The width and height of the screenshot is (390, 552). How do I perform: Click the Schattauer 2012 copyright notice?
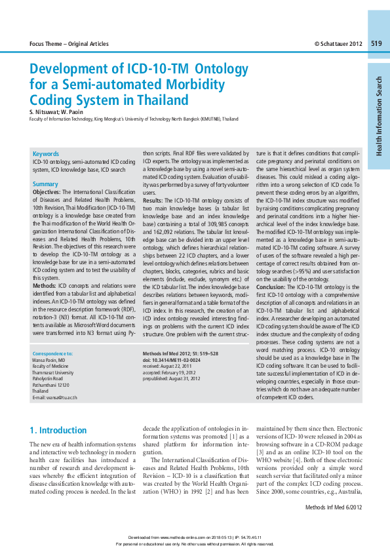click(338, 44)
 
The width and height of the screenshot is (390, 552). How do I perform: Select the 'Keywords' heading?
click(46, 153)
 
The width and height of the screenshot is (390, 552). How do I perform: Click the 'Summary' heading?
click(45, 184)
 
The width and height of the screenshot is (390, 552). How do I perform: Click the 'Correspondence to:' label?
click(52, 353)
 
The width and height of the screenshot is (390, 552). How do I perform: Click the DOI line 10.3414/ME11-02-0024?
click(171, 360)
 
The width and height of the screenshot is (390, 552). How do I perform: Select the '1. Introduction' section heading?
click(58, 431)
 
